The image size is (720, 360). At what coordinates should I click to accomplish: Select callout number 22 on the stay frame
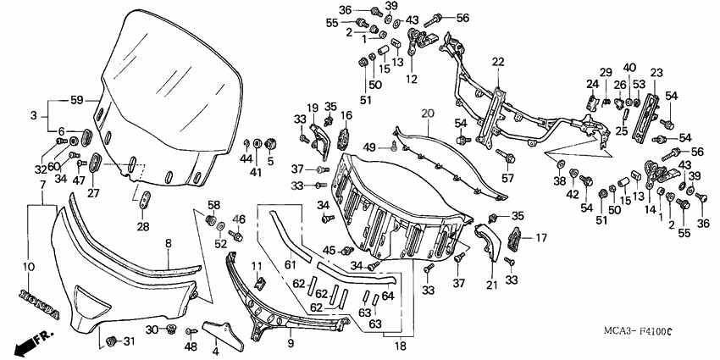point(497,61)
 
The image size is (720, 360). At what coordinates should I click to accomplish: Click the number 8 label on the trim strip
point(168,243)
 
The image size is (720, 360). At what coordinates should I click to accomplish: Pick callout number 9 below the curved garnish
point(290,344)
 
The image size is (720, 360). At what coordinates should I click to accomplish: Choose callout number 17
point(539,239)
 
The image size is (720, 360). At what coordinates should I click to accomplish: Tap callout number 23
point(656,73)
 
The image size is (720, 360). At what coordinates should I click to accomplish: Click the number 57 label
point(507,179)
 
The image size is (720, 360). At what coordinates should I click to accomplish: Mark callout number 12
point(411,80)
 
